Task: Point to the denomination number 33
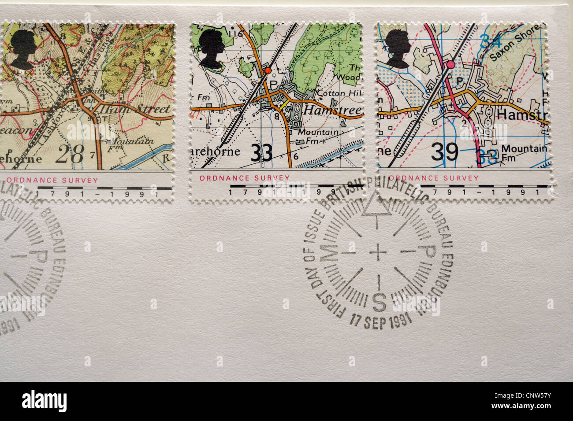coord(261,154)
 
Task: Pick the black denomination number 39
coord(445,153)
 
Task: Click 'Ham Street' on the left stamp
coord(135,108)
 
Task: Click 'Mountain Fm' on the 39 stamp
coord(524,152)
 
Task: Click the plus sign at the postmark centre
coord(377,252)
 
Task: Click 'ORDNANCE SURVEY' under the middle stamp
coord(245,178)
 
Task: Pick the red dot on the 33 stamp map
coord(267,70)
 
